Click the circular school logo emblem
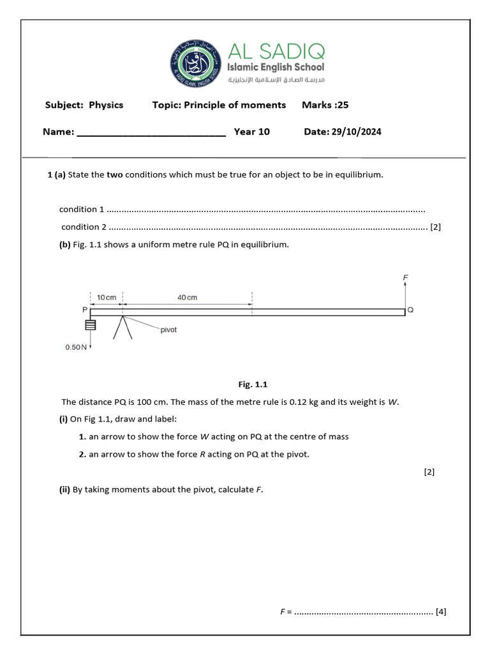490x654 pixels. click(x=196, y=63)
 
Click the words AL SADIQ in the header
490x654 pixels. click(x=276, y=50)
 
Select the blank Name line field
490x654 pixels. click(x=151, y=132)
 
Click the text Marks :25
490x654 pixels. click(x=325, y=105)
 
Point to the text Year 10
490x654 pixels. click(x=251, y=132)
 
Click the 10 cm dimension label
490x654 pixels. click(x=107, y=298)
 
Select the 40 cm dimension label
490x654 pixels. click(x=187, y=298)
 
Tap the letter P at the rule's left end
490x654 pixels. click(x=85, y=310)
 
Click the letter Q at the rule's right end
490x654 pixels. click(x=410, y=310)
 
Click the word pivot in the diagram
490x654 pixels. click(x=168, y=330)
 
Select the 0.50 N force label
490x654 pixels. click(x=75, y=347)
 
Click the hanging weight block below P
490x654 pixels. click(x=91, y=325)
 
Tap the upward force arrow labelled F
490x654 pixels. click(x=405, y=294)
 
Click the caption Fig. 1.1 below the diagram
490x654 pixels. click(x=253, y=384)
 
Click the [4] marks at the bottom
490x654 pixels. click(x=440, y=611)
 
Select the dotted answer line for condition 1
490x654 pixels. click(x=265, y=209)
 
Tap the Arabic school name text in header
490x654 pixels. click(x=277, y=80)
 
